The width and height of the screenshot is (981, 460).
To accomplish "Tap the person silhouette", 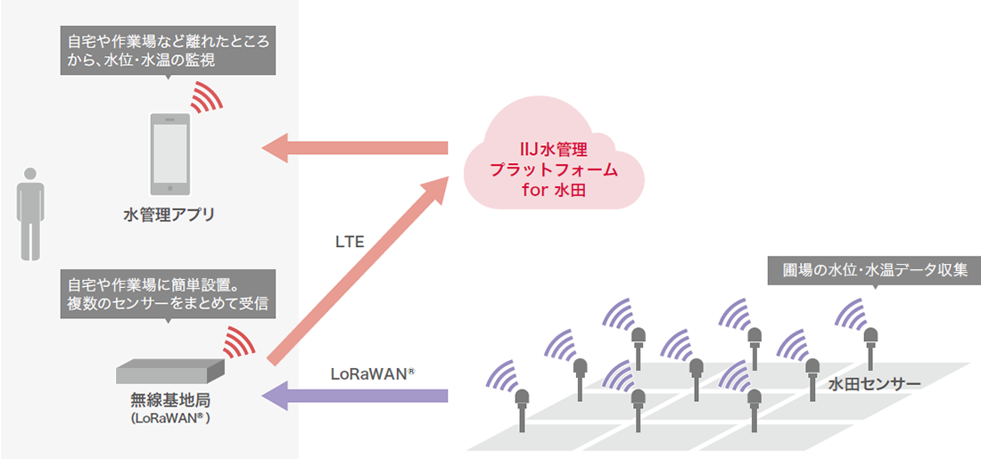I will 31,213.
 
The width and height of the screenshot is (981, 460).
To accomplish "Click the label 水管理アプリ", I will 170,214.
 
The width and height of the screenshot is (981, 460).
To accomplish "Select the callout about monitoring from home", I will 167,51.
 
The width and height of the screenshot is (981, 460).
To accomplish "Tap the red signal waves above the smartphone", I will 209,96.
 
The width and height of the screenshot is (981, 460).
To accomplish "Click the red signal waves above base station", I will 237,340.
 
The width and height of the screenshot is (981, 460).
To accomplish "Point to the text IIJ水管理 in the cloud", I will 554,148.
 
